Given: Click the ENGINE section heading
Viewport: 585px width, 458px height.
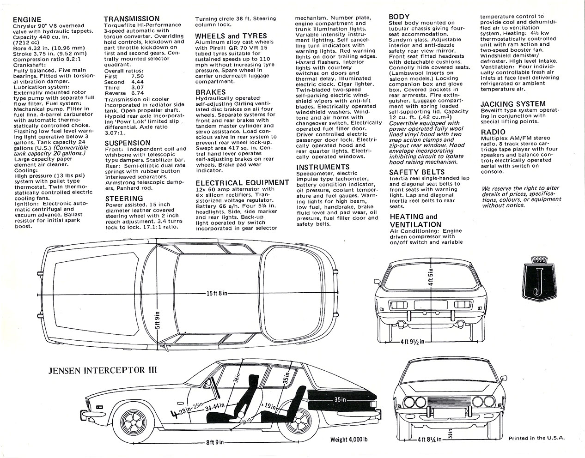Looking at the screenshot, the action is [27, 20].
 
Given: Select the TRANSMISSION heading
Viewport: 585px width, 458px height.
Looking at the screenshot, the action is [132, 19].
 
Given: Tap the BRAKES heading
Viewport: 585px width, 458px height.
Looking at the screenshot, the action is [211, 92].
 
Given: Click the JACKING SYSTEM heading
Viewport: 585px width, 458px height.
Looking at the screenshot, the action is [513, 104].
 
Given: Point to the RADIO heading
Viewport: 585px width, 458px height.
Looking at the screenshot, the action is [493, 132].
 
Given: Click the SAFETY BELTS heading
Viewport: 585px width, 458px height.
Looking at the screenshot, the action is [417, 172].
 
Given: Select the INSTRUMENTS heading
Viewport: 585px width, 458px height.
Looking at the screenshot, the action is [323, 167].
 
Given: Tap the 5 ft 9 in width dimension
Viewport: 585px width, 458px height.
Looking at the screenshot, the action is [158, 320].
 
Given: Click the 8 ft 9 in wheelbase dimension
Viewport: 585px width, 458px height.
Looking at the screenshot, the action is [215, 442].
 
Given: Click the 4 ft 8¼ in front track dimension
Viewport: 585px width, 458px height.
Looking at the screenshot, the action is [430, 440].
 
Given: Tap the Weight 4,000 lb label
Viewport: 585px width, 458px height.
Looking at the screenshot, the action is [349, 440].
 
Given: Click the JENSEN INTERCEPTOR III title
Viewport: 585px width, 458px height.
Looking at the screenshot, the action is [103, 370].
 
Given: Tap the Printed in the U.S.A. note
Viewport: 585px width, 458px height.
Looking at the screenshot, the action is [536, 438].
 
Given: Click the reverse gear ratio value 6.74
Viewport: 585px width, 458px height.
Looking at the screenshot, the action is [138, 93].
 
